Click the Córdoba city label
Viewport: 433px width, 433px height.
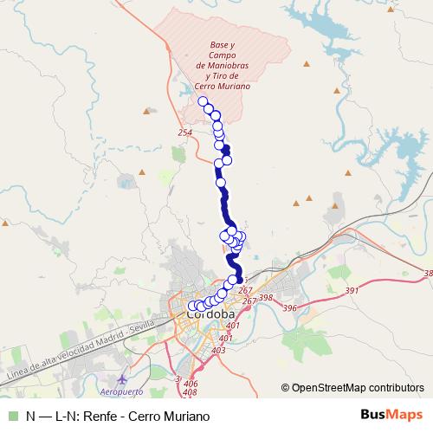[210, 314]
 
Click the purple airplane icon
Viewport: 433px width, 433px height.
[121, 378]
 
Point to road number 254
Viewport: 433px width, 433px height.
[184, 132]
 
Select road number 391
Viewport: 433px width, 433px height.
[352, 291]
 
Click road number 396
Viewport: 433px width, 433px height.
[289, 308]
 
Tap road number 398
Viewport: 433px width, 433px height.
[265, 298]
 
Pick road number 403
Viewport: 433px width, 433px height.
[218, 350]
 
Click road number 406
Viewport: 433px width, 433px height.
[191, 384]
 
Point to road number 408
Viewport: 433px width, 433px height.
[190, 392]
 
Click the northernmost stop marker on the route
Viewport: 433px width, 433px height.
[204, 101]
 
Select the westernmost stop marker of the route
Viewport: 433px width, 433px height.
[193, 306]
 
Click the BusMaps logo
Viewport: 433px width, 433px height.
[391, 415]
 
